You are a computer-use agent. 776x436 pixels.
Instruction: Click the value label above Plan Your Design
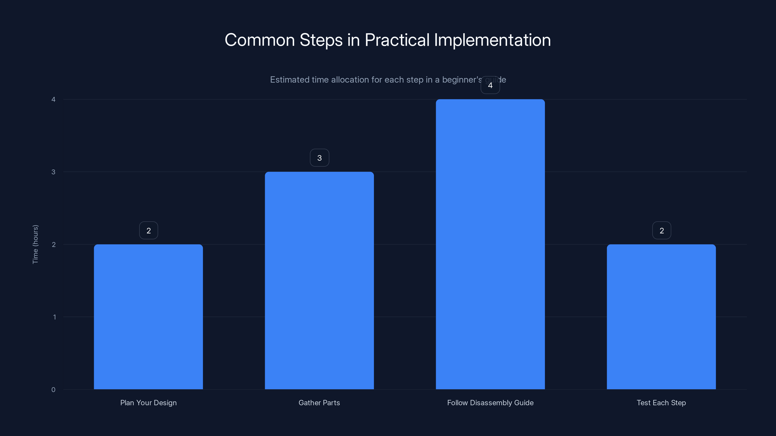(x=148, y=231)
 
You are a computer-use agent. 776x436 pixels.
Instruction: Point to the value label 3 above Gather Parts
(x=320, y=158)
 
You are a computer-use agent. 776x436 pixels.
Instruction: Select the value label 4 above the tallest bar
(x=490, y=86)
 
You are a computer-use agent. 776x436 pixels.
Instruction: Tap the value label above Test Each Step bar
(x=662, y=231)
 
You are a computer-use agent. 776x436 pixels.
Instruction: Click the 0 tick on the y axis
(x=53, y=390)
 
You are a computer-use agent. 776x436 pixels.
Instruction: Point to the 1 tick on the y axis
(x=54, y=317)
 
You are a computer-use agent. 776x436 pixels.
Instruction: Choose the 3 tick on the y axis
(x=53, y=172)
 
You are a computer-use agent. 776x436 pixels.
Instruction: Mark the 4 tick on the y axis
(x=53, y=99)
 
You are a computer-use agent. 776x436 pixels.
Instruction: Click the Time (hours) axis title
(x=35, y=244)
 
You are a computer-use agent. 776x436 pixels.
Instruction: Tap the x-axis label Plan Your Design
(x=148, y=403)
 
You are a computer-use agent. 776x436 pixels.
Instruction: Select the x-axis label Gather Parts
(x=319, y=403)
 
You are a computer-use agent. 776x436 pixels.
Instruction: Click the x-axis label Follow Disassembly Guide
(x=490, y=403)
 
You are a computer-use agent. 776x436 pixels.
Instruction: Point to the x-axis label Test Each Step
(x=661, y=403)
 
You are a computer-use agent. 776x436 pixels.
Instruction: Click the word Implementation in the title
(x=492, y=40)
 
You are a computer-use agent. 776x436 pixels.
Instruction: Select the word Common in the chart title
(x=260, y=40)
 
